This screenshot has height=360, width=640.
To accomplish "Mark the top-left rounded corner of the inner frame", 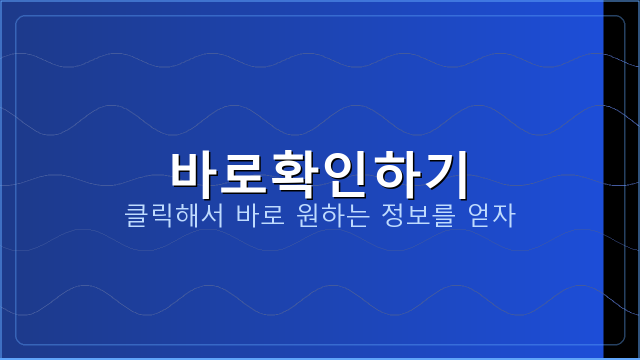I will [19, 19].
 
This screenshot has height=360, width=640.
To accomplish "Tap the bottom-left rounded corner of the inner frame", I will [19, 341].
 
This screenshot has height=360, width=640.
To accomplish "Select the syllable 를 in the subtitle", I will [444, 215].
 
